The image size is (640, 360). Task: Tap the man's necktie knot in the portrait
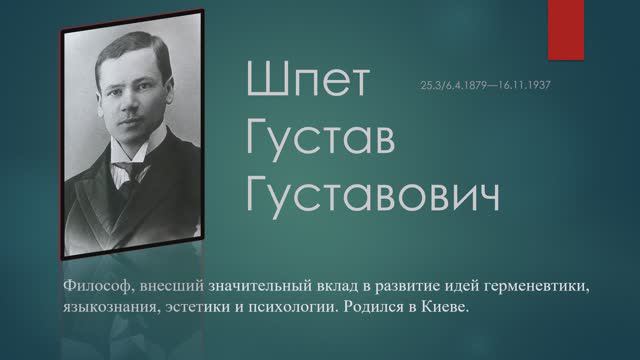point(125,166)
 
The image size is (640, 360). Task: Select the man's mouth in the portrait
point(127,127)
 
